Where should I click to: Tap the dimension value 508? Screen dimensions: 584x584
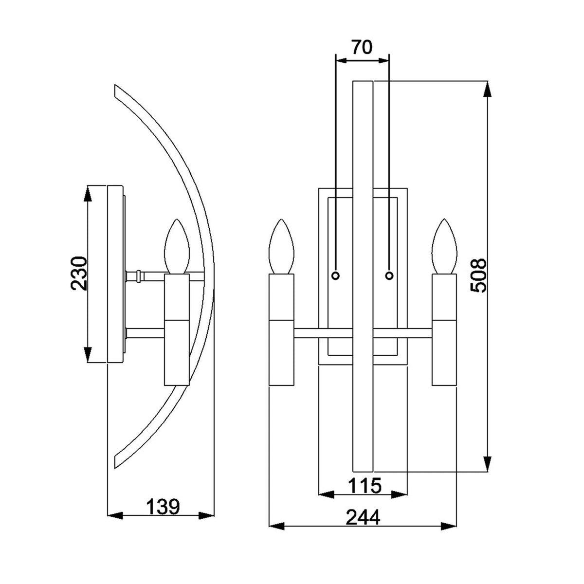(479, 275)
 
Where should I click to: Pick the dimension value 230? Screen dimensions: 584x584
(79, 274)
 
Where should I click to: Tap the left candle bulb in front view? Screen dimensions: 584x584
(282, 246)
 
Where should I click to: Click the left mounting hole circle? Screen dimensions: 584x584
(335, 276)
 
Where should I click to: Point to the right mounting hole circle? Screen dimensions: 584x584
(389, 276)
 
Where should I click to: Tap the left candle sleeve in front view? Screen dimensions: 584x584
(282, 329)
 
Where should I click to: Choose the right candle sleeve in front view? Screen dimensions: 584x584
(445, 329)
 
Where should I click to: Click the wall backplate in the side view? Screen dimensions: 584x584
(115, 274)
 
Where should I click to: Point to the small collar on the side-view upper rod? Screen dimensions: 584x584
(140, 276)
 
